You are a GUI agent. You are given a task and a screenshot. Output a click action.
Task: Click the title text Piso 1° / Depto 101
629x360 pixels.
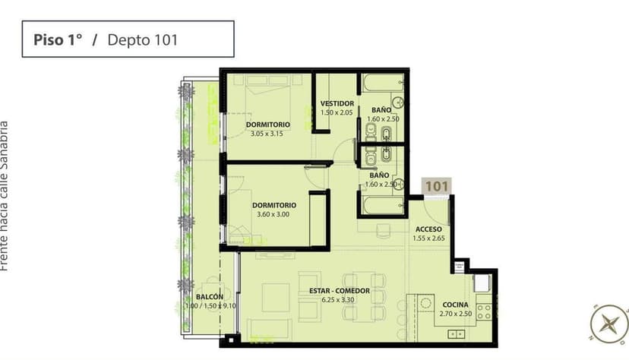(105, 40)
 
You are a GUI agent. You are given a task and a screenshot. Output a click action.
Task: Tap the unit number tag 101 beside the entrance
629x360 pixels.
(436, 185)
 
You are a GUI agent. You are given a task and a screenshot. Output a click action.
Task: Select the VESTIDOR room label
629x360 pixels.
(337, 103)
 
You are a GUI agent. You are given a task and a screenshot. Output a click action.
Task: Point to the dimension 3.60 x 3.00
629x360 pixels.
(274, 214)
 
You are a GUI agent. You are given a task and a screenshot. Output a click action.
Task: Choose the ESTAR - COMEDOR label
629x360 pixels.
(340, 291)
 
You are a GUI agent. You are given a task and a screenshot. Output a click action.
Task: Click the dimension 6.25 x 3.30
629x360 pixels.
(340, 300)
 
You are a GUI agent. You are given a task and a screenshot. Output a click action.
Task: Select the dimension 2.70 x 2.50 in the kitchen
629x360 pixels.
(456, 314)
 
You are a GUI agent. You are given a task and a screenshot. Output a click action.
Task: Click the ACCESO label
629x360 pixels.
(428, 229)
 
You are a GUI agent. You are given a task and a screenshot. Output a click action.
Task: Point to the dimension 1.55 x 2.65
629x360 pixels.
(428, 238)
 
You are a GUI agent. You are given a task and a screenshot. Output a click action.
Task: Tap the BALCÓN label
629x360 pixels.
(209, 297)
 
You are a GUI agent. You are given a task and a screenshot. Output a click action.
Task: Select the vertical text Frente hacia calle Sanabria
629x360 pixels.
(5, 195)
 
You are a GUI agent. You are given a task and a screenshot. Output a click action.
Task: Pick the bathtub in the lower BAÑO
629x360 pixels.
(382, 205)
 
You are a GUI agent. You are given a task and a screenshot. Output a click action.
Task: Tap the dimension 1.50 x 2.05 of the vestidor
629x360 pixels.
(337, 112)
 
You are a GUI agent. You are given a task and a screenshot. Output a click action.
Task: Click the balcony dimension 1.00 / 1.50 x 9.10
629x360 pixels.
(209, 306)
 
